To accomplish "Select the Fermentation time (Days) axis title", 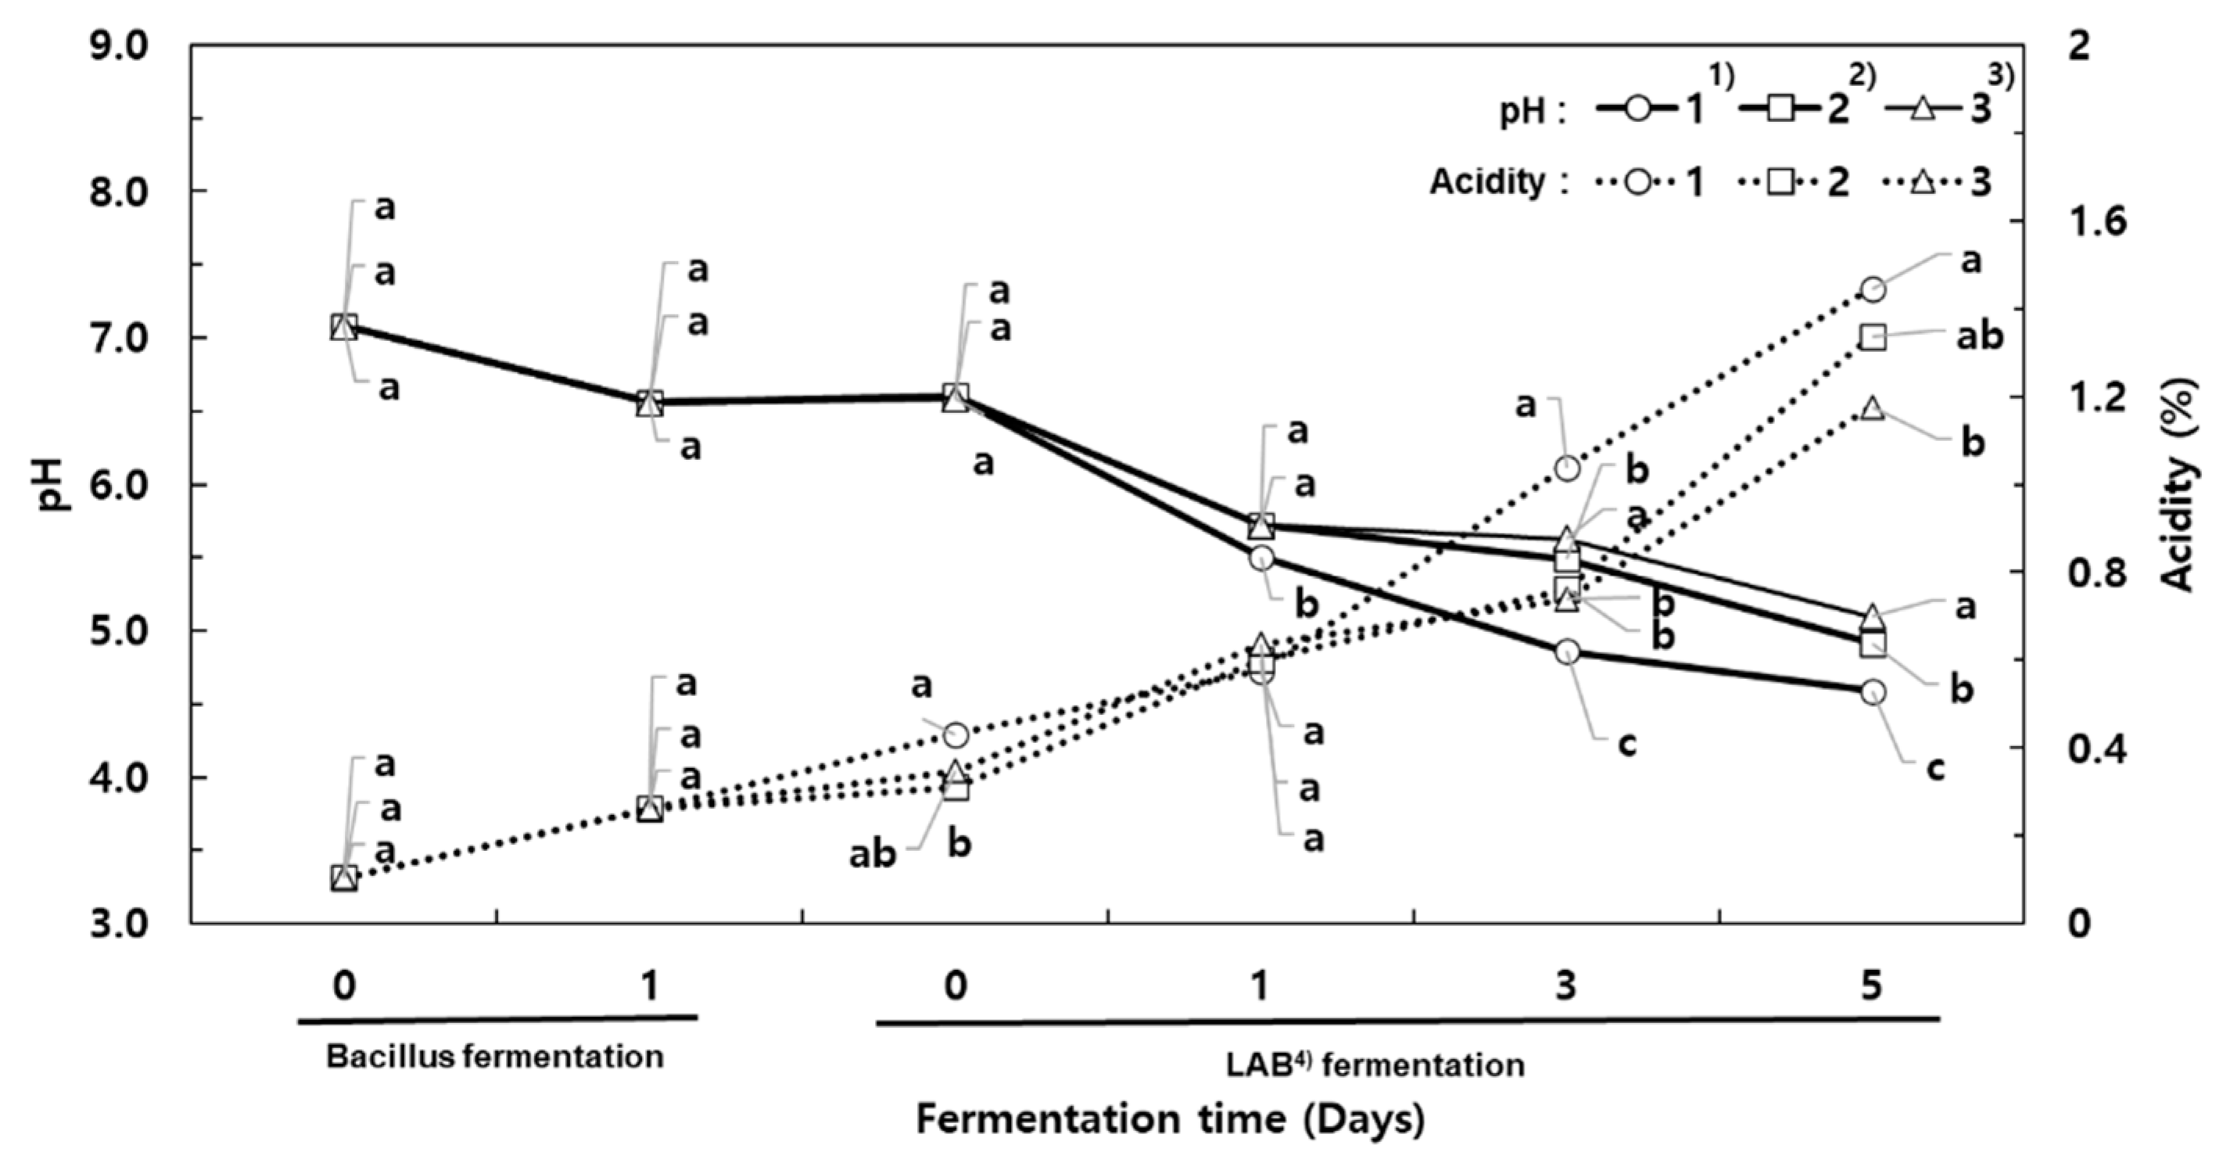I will coord(1169,1119).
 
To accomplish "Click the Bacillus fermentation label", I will coord(494,1057).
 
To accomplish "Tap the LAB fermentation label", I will coord(1375,1065).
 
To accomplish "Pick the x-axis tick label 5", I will coord(1871,985).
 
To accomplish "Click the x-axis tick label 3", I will coord(1565,985).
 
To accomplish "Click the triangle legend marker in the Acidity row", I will coord(1923,182).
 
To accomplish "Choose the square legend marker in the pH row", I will coord(1780,110).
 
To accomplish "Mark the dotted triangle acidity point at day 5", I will coord(1872,408).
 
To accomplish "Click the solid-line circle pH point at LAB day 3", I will coord(1567,652).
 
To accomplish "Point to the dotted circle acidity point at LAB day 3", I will coord(1567,469).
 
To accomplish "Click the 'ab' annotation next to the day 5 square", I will coord(1979,336).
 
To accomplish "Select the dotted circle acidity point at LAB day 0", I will coord(956,735).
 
